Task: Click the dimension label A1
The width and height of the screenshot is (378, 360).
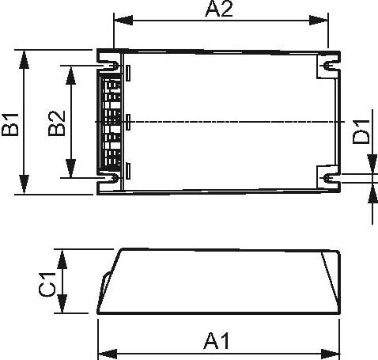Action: (x=216, y=341)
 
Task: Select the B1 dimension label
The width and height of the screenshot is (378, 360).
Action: (x=9, y=124)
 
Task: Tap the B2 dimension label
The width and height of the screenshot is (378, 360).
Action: (x=55, y=124)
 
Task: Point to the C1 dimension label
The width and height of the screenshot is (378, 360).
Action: (x=47, y=284)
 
